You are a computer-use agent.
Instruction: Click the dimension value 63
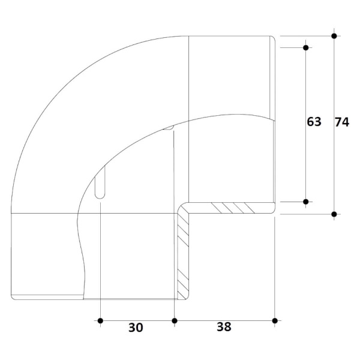point(314,122)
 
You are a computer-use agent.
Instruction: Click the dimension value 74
point(342,122)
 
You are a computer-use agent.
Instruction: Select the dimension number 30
point(136,328)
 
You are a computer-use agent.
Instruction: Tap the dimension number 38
point(224,327)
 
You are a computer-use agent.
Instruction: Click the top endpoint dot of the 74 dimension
point(334,36)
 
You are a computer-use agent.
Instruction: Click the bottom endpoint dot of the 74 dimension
point(334,214)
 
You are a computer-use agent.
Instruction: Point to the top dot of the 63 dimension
point(305,48)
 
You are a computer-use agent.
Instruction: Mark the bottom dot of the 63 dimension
point(305,202)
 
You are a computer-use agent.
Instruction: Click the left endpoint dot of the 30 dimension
point(100,321)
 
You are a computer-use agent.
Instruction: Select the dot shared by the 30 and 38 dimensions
point(175,321)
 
